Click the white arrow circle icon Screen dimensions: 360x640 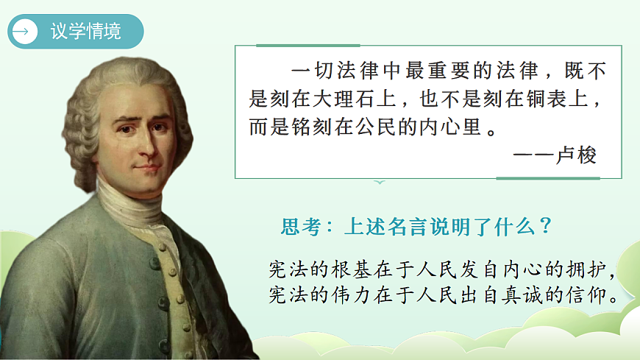25,31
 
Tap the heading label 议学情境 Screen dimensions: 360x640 86,32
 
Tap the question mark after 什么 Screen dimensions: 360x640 545,226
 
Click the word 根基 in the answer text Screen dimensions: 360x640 360,269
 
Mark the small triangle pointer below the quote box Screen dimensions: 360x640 379,181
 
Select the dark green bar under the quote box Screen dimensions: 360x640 547,178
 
